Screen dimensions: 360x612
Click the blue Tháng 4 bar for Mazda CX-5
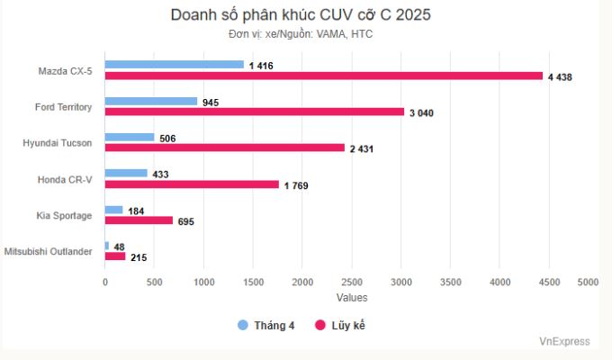click(175, 65)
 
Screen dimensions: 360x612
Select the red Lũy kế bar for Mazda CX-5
click(324, 76)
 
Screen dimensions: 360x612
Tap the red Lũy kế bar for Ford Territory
click(255, 112)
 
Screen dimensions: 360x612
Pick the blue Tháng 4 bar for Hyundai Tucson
click(130, 138)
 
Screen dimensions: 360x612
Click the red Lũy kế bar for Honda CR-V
click(192, 184)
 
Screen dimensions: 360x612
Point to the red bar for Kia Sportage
click(139, 220)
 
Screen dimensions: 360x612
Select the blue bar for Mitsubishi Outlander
click(107, 246)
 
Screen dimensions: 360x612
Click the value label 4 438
click(560, 77)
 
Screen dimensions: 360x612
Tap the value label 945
click(211, 103)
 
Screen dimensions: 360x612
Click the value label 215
click(140, 257)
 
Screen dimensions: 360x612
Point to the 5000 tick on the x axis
click(588, 282)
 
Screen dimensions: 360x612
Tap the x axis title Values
click(352, 297)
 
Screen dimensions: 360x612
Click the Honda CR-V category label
click(65, 179)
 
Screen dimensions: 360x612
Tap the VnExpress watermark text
click(564, 342)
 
